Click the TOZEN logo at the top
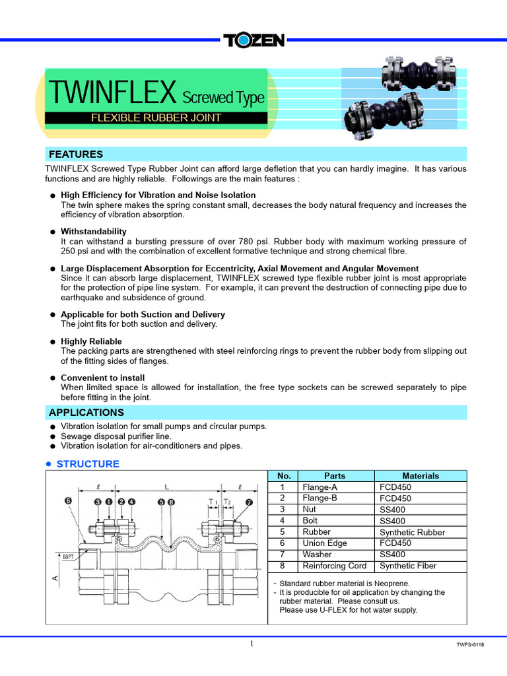click(253, 40)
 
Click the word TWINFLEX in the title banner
click(112, 94)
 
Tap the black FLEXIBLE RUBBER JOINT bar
click(156, 118)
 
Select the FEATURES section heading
click(76, 154)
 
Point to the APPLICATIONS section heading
click(86, 413)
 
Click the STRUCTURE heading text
click(88, 464)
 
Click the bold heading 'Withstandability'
click(94, 232)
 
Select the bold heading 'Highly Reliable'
click(92, 342)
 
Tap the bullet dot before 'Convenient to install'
click(52, 378)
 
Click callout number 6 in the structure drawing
click(68, 501)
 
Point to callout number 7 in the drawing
click(249, 502)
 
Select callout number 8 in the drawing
click(172, 502)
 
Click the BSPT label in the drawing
click(69, 557)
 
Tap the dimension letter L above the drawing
click(166, 487)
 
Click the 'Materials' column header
click(421, 476)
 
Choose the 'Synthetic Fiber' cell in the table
click(408, 566)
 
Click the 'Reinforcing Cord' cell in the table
click(333, 566)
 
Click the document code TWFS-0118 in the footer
click(470, 645)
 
